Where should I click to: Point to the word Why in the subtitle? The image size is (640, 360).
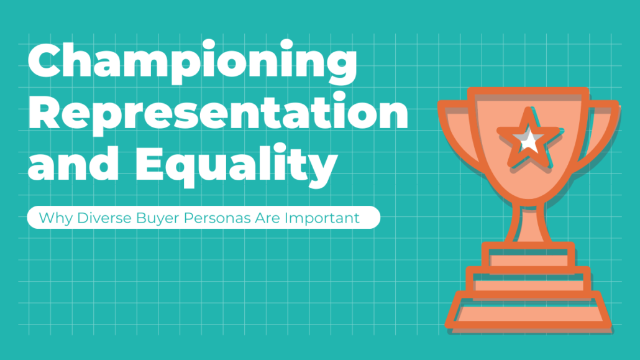(56, 218)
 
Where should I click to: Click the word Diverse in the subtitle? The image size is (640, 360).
(104, 218)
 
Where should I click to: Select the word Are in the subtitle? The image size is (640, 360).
(268, 218)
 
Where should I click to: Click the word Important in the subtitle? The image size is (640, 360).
(322, 218)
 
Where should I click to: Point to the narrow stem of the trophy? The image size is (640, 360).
(528, 223)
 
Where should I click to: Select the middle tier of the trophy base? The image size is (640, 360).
(529, 282)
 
